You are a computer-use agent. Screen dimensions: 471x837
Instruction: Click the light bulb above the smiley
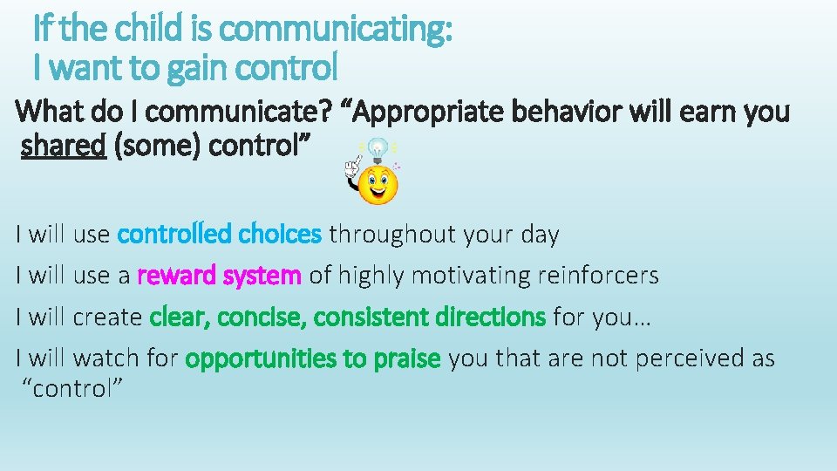[377, 149]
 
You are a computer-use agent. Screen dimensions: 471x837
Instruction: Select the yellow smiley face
[378, 184]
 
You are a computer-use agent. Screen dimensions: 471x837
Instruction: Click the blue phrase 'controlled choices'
[220, 235]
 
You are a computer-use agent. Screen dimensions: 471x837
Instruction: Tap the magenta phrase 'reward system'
[220, 276]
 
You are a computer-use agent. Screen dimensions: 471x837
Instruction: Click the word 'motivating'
[472, 276]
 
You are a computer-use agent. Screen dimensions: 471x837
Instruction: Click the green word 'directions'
[490, 317]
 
